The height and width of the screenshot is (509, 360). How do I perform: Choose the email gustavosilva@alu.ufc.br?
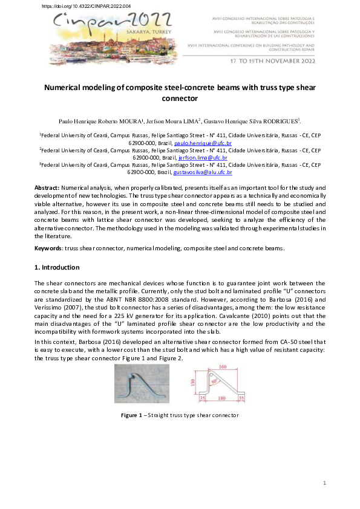202,172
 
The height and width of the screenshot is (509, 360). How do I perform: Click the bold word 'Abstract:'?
47,189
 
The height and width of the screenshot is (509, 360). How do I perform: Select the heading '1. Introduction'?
56,267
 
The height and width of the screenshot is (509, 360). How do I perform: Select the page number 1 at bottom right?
324,483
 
